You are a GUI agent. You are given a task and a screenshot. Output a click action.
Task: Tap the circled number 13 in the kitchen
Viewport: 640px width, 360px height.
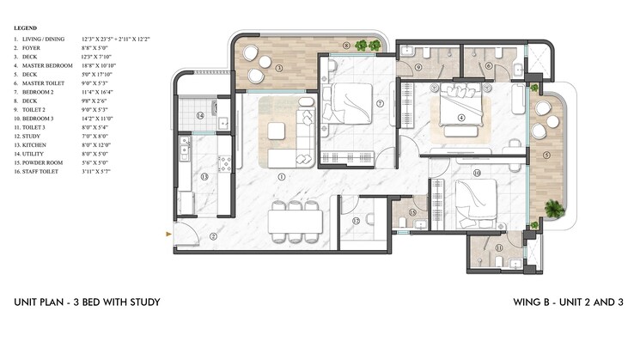[204, 176]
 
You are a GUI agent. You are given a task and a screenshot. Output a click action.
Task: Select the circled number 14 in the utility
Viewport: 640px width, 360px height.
[198, 115]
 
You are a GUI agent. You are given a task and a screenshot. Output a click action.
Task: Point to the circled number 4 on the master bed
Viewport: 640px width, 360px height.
[461, 118]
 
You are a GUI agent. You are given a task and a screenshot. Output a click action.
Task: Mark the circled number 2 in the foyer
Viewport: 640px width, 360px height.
[214, 235]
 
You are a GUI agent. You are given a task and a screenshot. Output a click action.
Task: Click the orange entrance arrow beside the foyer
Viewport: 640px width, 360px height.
[168, 232]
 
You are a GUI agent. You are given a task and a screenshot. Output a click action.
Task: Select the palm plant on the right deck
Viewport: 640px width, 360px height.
[554, 207]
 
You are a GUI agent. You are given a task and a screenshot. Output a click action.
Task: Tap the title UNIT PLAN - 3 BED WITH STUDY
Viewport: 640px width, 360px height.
[86, 302]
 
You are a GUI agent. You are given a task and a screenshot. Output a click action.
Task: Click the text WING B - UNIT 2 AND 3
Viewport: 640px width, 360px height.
[567, 302]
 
